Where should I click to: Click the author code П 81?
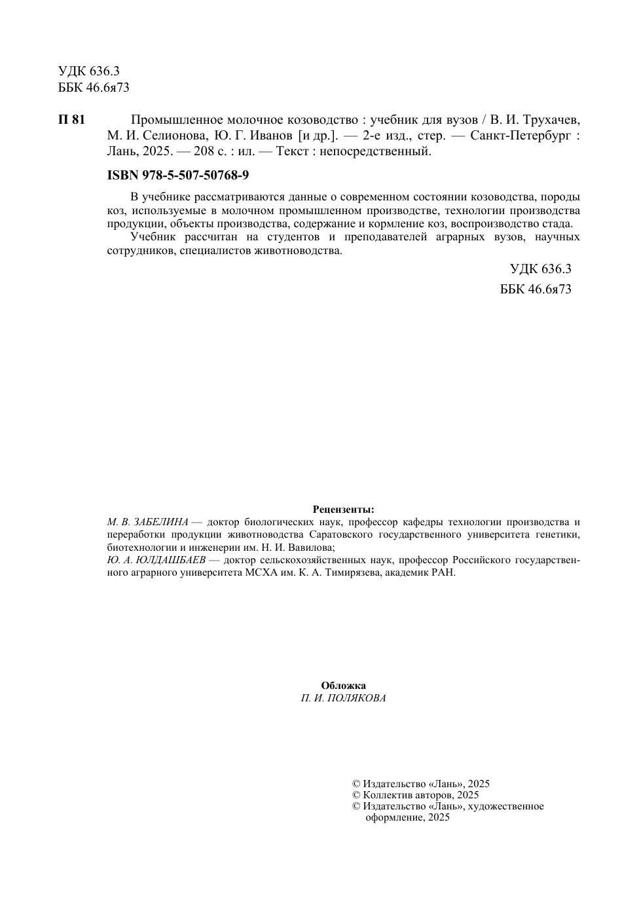tap(71, 120)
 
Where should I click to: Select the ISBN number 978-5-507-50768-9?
tap(199, 176)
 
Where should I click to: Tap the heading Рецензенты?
tap(344, 510)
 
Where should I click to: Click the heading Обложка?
tap(344, 686)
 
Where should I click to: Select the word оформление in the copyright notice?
tap(393, 817)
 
